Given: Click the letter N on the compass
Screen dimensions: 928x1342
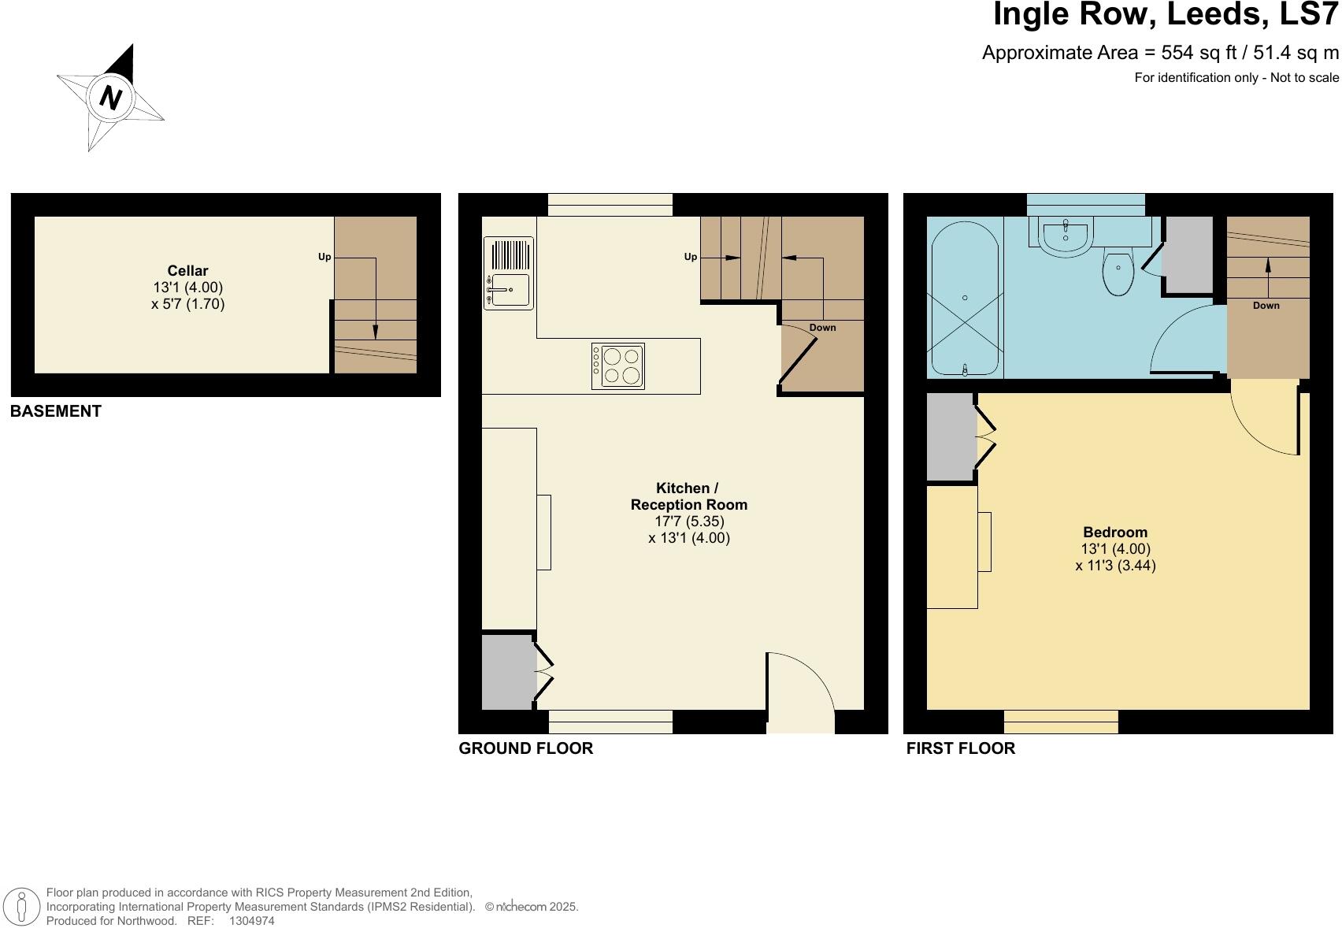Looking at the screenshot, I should [x=111, y=98].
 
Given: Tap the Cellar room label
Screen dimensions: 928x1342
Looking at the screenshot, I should [x=187, y=271].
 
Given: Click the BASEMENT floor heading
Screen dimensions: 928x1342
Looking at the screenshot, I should [x=56, y=411].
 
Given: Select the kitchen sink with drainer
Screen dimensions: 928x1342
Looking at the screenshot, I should [x=508, y=273].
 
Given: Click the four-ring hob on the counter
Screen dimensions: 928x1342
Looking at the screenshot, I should [x=618, y=366].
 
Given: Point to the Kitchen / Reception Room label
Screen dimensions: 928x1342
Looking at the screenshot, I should [x=688, y=497].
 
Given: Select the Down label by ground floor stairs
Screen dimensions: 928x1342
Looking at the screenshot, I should [x=822, y=328].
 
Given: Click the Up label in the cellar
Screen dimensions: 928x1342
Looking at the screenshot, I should [x=324, y=257].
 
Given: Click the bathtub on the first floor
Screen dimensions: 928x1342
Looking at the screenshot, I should [x=965, y=298].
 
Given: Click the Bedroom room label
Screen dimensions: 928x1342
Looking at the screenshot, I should [x=1115, y=533].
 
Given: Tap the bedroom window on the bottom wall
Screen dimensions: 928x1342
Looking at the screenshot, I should [x=1061, y=722].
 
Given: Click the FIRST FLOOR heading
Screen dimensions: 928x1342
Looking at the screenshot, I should [x=960, y=748].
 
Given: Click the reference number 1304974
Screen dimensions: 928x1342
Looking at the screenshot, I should [x=251, y=921].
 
